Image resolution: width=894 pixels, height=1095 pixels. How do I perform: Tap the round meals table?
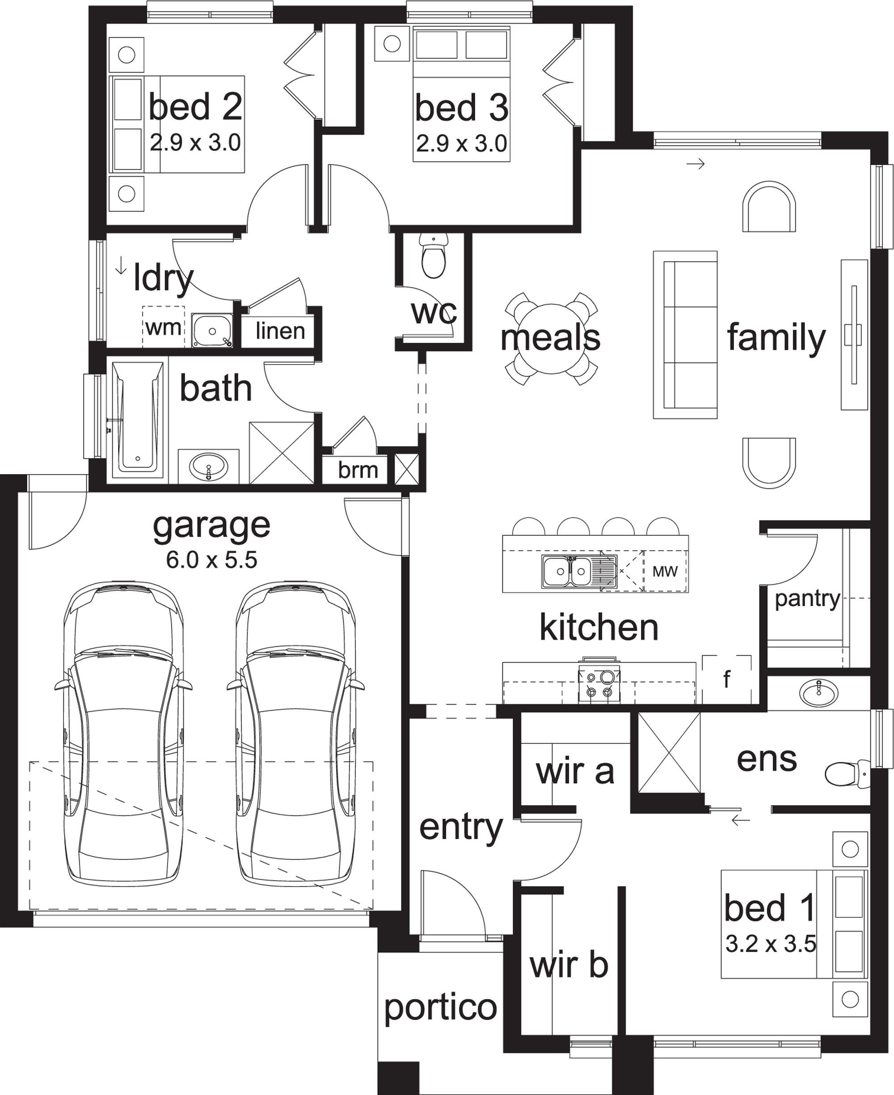[x=551, y=339]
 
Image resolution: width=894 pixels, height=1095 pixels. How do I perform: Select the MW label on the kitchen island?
[x=665, y=571]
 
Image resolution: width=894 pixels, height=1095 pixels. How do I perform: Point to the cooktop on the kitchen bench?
[x=599, y=683]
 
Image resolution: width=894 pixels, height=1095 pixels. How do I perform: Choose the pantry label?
[x=807, y=599]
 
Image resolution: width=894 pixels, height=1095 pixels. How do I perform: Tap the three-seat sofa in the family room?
[x=685, y=335]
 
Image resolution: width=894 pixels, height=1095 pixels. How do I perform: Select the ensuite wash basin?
[x=818, y=692]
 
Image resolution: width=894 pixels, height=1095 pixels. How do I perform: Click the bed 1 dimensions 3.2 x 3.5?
[x=771, y=943]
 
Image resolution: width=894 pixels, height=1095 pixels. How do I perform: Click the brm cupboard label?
[x=358, y=470]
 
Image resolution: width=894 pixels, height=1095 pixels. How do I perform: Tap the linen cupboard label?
[x=280, y=331]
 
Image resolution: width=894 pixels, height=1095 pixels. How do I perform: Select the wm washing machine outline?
[x=163, y=327]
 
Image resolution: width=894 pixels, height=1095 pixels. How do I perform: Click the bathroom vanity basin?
[x=209, y=467]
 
